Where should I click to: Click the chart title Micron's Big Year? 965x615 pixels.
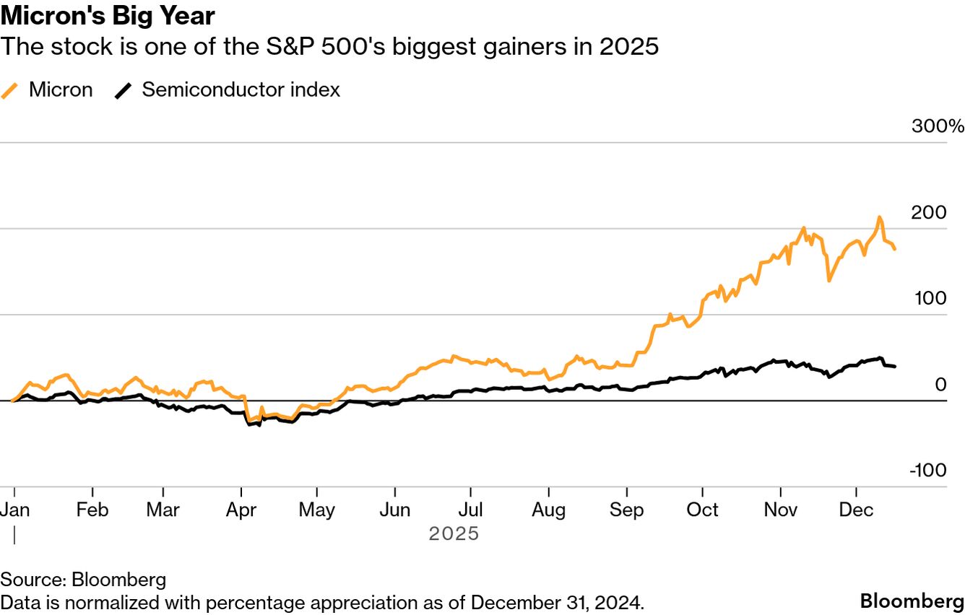coord(108,15)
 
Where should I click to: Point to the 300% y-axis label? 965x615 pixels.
coord(938,126)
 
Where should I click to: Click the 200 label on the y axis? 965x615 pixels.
coord(930,213)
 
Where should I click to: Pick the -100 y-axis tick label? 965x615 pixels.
coord(928,471)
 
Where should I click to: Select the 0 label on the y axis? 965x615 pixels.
coord(940,385)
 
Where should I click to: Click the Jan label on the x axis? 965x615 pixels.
coord(14,510)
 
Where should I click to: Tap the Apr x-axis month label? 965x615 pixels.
coord(241,510)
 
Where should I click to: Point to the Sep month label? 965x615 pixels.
coord(626,510)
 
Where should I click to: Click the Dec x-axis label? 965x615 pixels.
coord(856,510)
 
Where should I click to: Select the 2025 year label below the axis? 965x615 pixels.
coord(454,534)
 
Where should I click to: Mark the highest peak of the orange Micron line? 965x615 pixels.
coord(879,217)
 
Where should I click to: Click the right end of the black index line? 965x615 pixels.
coord(895,367)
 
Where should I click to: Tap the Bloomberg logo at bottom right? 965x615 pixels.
coord(912,601)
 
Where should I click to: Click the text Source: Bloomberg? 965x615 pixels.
coord(83,580)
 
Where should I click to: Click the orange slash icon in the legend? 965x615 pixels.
coord(10,90)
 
